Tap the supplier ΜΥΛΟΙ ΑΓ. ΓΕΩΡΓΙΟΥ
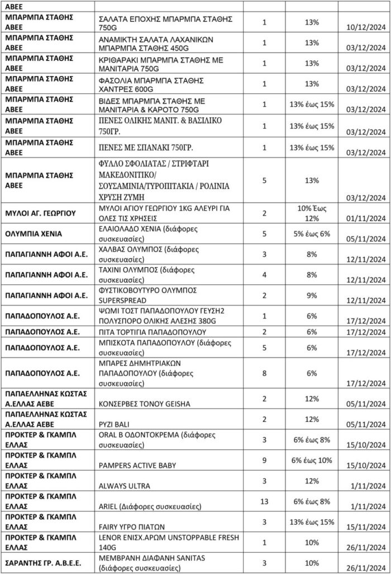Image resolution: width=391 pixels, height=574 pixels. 40,214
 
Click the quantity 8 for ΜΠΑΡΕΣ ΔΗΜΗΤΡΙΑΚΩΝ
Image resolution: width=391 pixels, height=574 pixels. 265,373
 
